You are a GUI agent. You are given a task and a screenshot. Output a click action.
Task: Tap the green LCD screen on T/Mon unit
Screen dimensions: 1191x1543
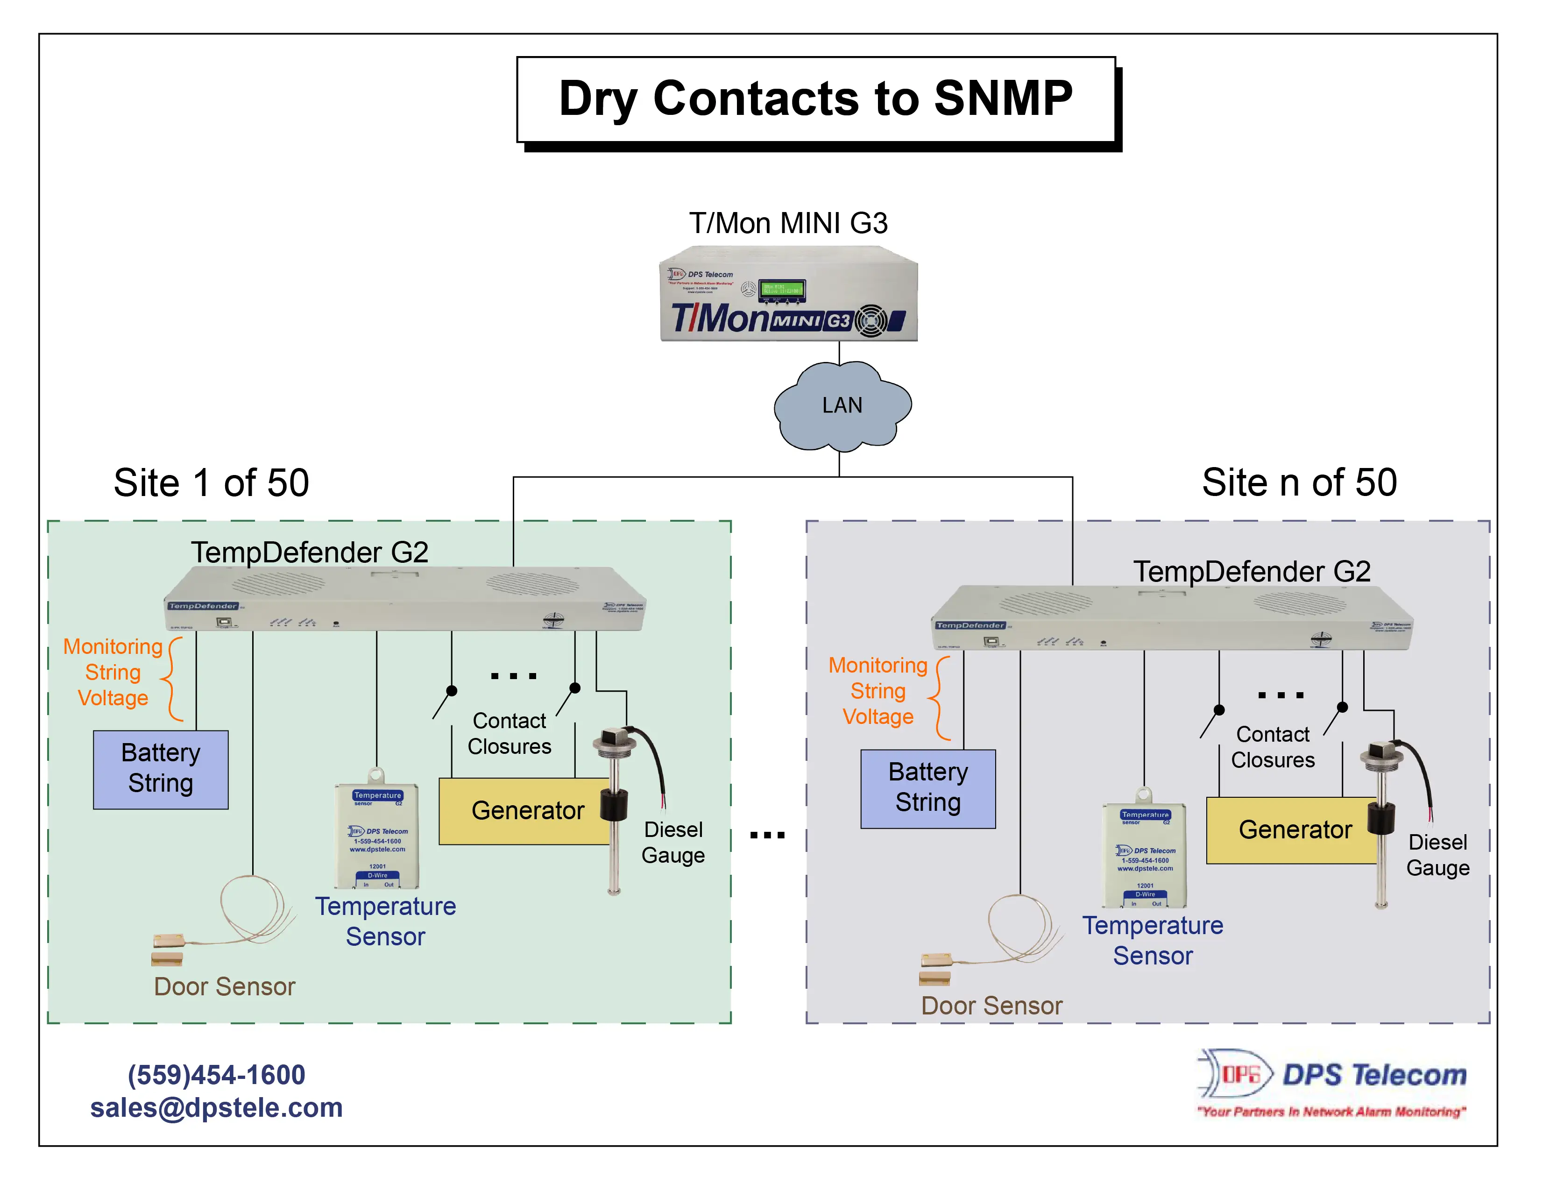point(781,290)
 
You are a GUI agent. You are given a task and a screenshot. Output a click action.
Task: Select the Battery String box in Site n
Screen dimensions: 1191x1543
point(927,788)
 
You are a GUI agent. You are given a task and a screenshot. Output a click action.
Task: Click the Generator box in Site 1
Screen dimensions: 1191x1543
point(526,811)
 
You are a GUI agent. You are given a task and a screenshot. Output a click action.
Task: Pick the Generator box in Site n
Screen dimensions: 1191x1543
point(1294,830)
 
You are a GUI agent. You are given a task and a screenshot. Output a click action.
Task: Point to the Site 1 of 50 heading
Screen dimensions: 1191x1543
point(211,483)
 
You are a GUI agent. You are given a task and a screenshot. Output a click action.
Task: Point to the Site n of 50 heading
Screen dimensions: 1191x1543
point(1299,483)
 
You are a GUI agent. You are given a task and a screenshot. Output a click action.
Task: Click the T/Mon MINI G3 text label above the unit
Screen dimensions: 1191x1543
point(788,223)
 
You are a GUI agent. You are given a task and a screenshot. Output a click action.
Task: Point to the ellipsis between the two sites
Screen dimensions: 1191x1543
point(767,836)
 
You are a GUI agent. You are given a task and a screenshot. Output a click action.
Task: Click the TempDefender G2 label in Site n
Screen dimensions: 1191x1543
point(1251,572)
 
